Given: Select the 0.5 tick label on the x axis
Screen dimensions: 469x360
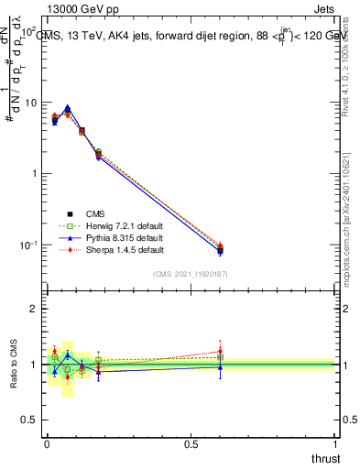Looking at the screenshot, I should pyautogui.click(x=191, y=444).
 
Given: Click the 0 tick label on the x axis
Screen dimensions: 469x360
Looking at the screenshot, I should pyautogui.click(x=47, y=444).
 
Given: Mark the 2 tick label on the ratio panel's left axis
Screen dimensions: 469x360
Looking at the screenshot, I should pyautogui.click(x=33, y=310).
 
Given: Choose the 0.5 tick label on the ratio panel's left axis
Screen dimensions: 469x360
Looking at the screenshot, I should pyautogui.click(x=28, y=420).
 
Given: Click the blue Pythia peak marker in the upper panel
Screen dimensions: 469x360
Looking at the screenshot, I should pyautogui.click(x=68, y=107).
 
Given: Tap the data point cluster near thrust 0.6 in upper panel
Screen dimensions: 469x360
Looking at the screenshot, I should pyautogui.click(x=220, y=248).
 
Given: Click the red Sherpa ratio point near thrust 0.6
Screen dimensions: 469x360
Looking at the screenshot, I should pyautogui.click(x=220, y=351).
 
